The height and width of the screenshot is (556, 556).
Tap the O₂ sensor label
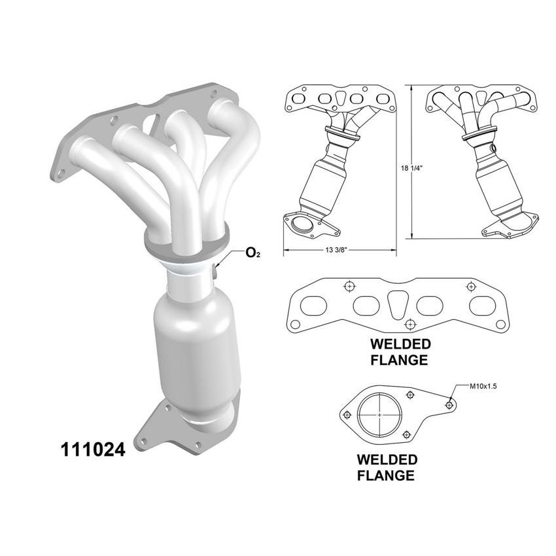coord(252,252)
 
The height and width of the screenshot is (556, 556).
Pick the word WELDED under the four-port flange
coord(400,344)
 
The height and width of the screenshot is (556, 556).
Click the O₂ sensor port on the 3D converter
coord(216,270)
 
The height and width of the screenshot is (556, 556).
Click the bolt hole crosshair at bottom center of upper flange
coord(409,323)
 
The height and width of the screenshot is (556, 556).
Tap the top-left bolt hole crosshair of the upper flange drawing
coord(349,286)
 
